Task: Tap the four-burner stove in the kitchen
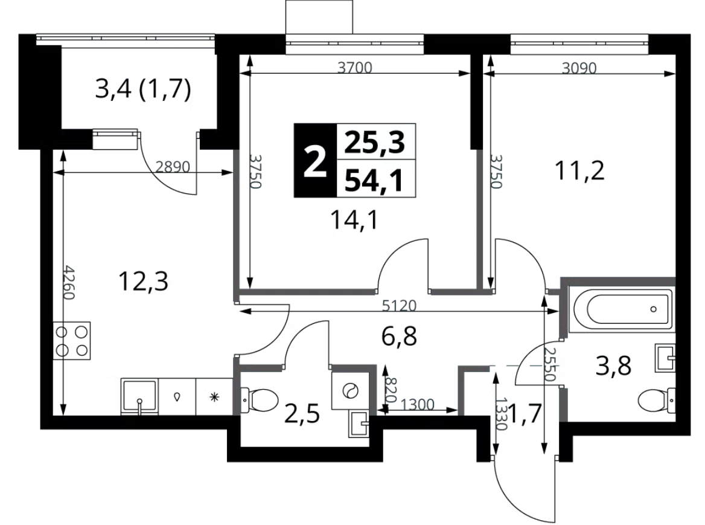(x=71, y=341)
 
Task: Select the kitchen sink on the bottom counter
(x=139, y=397)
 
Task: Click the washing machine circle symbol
(x=350, y=390)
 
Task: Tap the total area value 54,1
(x=375, y=179)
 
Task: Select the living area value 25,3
(x=375, y=142)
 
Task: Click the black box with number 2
(x=315, y=161)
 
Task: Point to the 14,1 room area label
(x=355, y=220)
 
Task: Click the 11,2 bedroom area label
(x=579, y=170)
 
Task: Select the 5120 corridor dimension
(x=399, y=306)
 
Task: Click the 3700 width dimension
(x=355, y=68)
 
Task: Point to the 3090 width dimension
(x=579, y=68)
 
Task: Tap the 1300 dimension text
(x=418, y=405)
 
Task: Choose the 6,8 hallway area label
(x=399, y=336)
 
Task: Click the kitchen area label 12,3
(x=143, y=281)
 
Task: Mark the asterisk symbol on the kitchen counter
(x=214, y=397)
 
